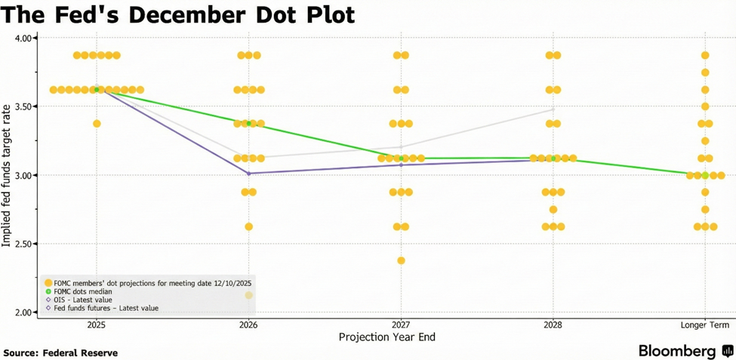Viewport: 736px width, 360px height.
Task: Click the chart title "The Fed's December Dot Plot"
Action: (x=178, y=15)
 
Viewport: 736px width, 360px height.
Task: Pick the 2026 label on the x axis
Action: (x=248, y=325)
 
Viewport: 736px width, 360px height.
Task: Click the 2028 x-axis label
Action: (x=553, y=325)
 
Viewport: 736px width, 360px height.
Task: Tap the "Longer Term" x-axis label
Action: (x=705, y=325)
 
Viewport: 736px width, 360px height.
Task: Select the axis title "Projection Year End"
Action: (x=387, y=337)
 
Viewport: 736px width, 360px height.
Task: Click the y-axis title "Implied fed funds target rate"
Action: (x=7, y=176)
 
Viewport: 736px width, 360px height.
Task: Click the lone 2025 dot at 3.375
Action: (x=97, y=124)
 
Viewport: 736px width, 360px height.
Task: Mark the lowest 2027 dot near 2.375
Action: (x=401, y=260)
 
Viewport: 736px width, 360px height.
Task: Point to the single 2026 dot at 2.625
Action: (x=248, y=226)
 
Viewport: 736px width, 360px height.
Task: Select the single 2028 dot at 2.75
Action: (x=553, y=210)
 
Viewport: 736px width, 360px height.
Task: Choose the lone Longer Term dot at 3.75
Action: (x=705, y=72)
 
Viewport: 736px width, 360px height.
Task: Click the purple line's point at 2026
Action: (x=248, y=174)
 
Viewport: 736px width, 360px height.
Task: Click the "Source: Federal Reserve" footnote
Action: (x=60, y=352)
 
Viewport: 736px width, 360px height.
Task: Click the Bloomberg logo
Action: (x=685, y=351)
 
